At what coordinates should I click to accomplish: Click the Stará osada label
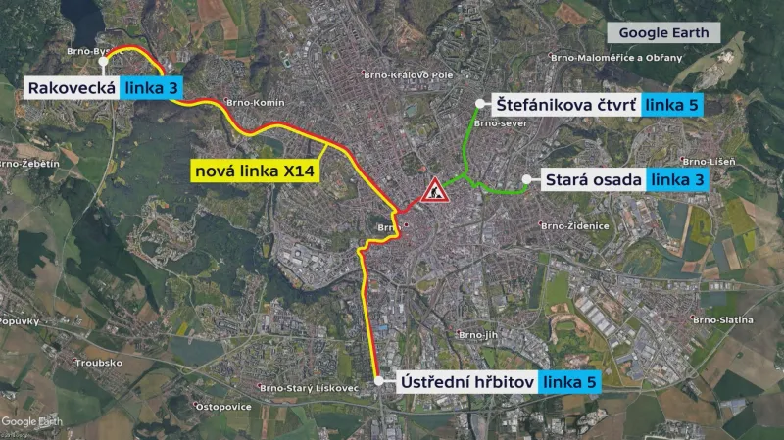pyautogui.click(x=595, y=179)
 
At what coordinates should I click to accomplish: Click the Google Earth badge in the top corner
pyautogui.click(x=663, y=32)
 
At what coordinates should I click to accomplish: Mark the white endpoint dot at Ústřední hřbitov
pyautogui.click(x=379, y=379)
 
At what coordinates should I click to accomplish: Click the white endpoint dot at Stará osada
pyautogui.click(x=527, y=179)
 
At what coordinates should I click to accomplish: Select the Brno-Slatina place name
pyautogui.click(x=723, y=319)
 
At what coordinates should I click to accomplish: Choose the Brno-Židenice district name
pyautogui.click(x=574, y=226)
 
